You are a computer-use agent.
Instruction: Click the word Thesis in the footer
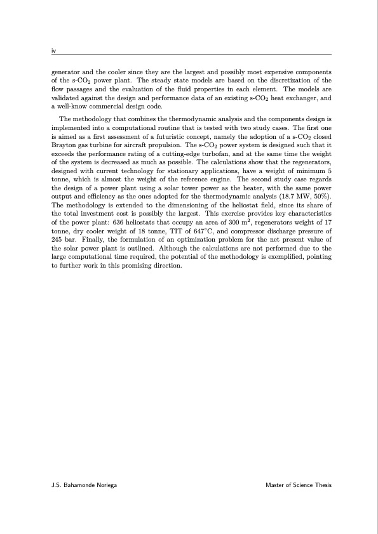pos(321,485)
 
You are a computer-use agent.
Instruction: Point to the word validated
pos(67,99)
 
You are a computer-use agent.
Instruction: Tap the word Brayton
pos(63,145)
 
